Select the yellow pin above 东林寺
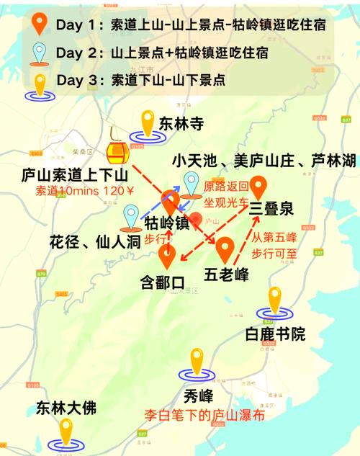click(x=148, y=124)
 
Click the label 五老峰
click(x=228, y=274)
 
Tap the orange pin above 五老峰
click(x=225, y=249)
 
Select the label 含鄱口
click(x=163, y=282)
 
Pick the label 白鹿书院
click(x=274, y=334)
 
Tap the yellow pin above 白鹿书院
click(x=275, y=301)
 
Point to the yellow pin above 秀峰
click(x=197, y=362)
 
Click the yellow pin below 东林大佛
click(x=67, y=432)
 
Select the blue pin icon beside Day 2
click(x=40, y=52)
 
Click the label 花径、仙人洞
click(x=89, y=242)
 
